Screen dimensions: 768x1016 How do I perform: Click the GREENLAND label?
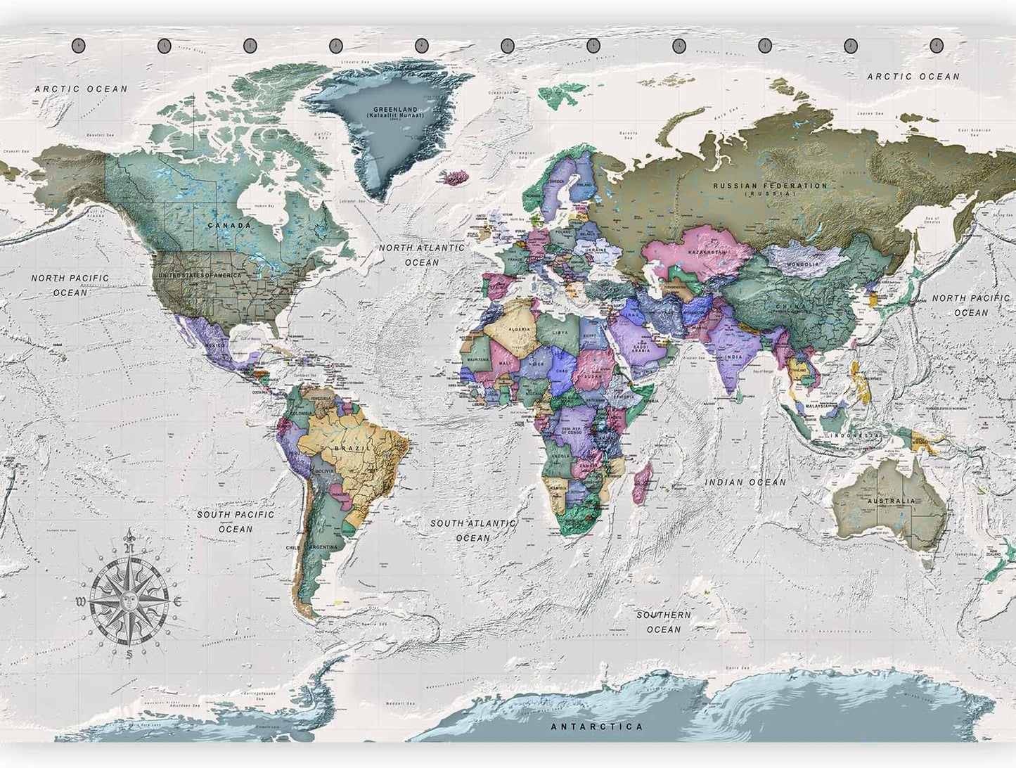394,110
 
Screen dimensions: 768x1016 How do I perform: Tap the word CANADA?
229,225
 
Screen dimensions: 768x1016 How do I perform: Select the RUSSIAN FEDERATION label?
770,186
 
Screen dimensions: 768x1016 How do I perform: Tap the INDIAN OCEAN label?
745,482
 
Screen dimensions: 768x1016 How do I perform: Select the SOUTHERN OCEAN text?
663,622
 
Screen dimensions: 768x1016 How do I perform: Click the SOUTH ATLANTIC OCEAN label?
473,530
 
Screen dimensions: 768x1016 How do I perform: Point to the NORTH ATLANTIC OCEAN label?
421,255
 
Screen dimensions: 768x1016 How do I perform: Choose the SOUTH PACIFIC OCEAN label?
236,521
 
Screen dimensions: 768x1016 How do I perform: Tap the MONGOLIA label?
802,264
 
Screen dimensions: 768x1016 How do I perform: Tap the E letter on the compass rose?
179,601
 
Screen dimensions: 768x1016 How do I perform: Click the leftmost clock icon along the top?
78,45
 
